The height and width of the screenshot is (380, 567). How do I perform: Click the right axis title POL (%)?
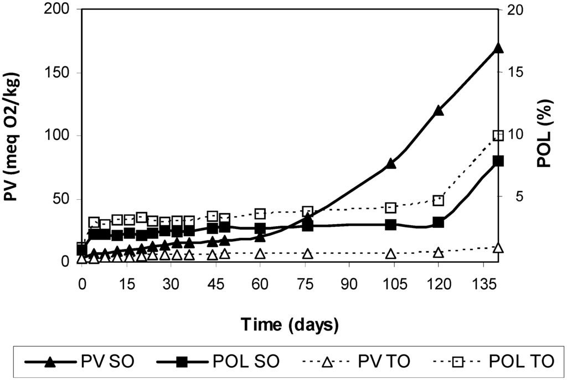553,136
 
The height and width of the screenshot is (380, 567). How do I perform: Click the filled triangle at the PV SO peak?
498,48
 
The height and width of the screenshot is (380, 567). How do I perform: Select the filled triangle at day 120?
439,110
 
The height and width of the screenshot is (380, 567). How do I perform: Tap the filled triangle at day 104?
391,163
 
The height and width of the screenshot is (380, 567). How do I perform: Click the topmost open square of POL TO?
498,136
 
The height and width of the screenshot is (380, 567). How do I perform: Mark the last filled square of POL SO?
498,161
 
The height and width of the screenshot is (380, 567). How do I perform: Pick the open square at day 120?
439,200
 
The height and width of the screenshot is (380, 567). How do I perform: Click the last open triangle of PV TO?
498,247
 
